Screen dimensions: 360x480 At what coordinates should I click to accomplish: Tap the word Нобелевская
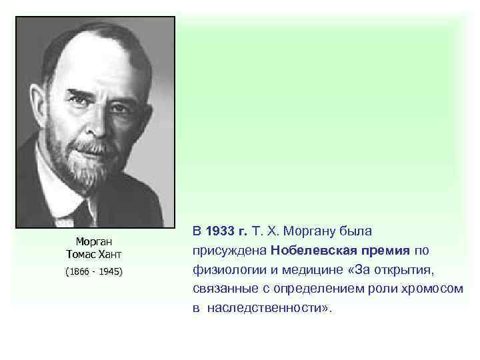(x=311, y=251)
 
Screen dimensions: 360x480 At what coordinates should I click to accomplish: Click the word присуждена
(x=229, y=251)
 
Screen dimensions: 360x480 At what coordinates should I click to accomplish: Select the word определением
(x=333, y=290)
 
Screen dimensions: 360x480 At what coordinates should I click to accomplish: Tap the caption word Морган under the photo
(x=93, y=241)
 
